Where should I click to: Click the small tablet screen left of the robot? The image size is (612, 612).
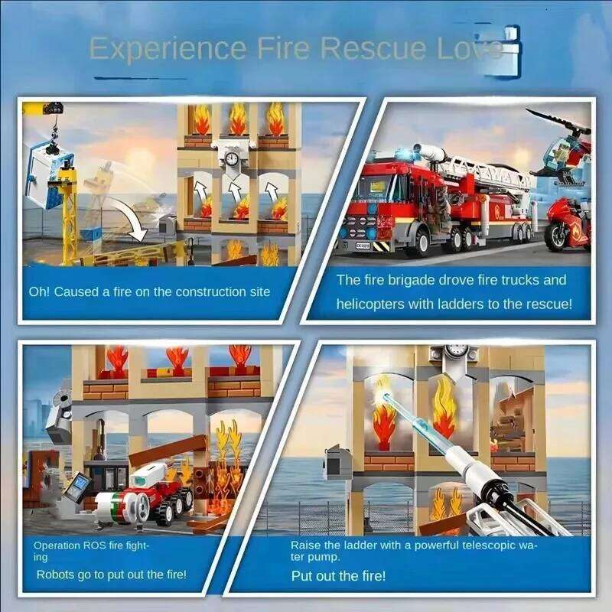(x=79, y=486)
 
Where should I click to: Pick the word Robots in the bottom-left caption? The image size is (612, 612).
(x=58, y=575)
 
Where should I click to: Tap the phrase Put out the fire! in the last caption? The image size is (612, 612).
(x=338, y=575)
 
